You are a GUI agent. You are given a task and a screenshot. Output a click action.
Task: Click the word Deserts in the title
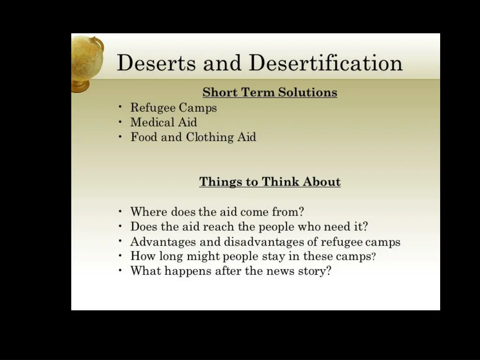click(156, 63)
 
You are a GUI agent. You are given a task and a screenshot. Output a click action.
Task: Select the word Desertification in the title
click(325, 63)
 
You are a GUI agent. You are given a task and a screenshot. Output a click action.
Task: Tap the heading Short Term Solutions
click(270, 92)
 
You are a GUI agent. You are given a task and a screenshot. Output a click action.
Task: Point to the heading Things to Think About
click(270, 182)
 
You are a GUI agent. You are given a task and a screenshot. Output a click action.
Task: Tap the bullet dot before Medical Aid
click(120, 122)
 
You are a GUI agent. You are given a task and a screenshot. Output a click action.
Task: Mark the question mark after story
click(328, 271)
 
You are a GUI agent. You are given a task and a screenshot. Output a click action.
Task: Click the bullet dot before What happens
click(120, 271)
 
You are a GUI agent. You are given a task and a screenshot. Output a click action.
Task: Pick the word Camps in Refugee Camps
click(198, 108)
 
